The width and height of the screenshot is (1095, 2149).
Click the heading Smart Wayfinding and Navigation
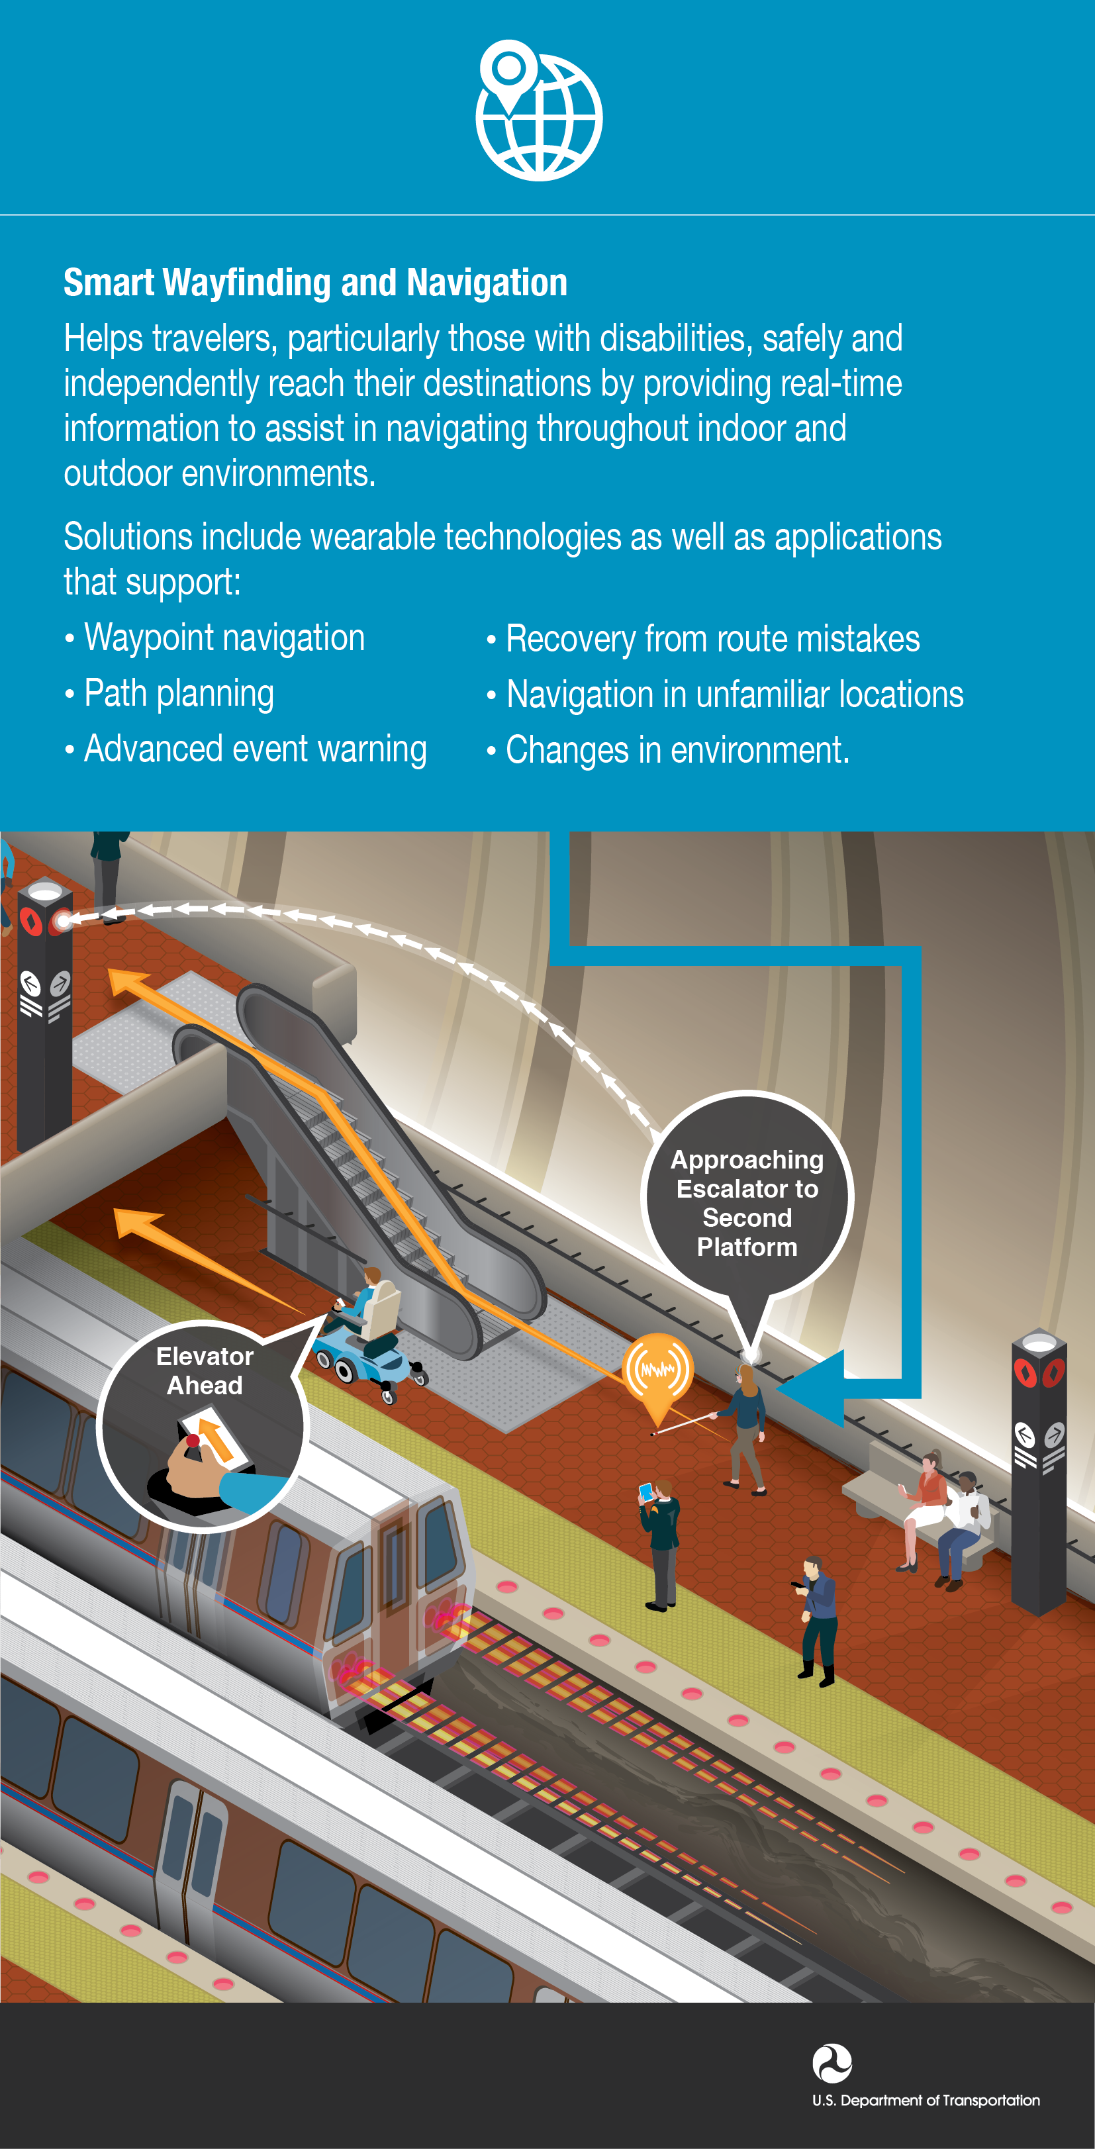[315, 283]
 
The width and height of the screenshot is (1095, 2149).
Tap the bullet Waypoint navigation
[215, 638]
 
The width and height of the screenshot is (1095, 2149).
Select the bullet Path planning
[169, 694]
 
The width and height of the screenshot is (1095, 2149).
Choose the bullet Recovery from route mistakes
[703, 639]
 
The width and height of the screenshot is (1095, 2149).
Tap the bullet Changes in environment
[668, 750]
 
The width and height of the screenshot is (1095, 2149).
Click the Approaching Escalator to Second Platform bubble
[747, 1202]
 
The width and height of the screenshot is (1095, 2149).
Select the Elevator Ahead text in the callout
[205, 1370]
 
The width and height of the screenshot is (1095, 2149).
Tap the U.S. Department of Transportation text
[926, 2100]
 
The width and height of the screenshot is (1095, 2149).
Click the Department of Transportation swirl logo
[832, 2063]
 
